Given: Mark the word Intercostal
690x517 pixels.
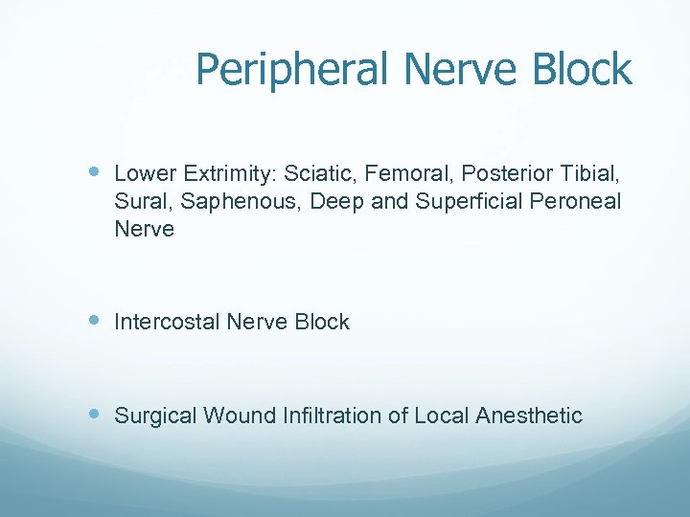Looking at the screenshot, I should [167, 323].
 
